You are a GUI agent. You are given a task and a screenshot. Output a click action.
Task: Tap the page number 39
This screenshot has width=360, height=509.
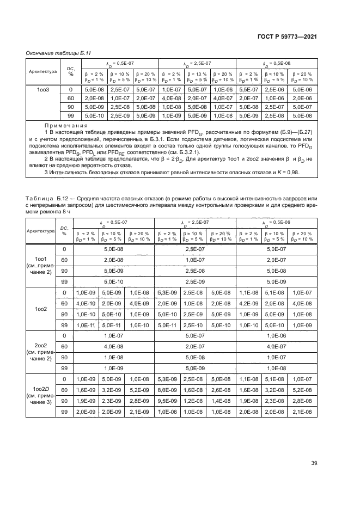pos(314,463)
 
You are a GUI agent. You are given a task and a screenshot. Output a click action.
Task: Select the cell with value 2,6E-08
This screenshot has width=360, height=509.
pos(220,390)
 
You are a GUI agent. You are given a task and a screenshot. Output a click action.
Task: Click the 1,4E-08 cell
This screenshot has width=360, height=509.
pos(220,401)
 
